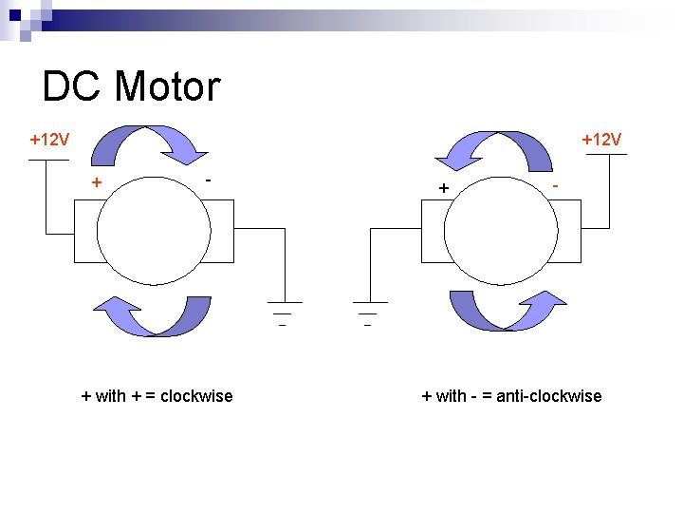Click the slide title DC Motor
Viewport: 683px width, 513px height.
(x=131, y=86)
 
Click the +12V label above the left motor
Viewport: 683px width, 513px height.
(x=48, y=141)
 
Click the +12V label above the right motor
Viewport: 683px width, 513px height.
(x=601, y=141)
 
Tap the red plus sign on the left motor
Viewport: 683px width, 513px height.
(x=96, y=182)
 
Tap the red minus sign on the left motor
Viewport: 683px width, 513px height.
(x=209, y=179)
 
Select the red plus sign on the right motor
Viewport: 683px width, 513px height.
(x=443, y=188)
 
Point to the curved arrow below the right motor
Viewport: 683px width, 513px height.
(x=505, y=310)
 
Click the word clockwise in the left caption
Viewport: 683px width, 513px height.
(x=196, y=396)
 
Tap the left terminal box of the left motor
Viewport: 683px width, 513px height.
(x=84, y=234)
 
